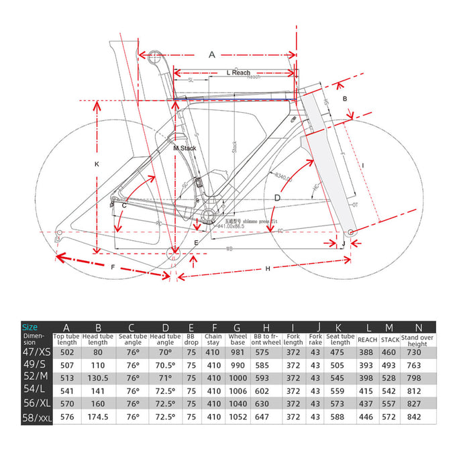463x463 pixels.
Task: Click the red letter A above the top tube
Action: point(213,54)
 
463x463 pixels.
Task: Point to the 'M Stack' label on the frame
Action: point(184,148)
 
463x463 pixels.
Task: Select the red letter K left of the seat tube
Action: point(97,164)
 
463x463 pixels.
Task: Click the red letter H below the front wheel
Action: point(267,268)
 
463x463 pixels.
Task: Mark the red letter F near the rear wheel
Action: point(113,268)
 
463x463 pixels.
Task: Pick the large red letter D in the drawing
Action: point(277,197)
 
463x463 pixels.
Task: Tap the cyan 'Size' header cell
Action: point(30,327)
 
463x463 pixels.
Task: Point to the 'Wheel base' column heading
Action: point(237,340)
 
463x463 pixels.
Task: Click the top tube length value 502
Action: point(66,352)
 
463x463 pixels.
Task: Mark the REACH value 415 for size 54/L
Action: point(367,391)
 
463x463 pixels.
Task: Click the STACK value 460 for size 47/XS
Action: point(390,352)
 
